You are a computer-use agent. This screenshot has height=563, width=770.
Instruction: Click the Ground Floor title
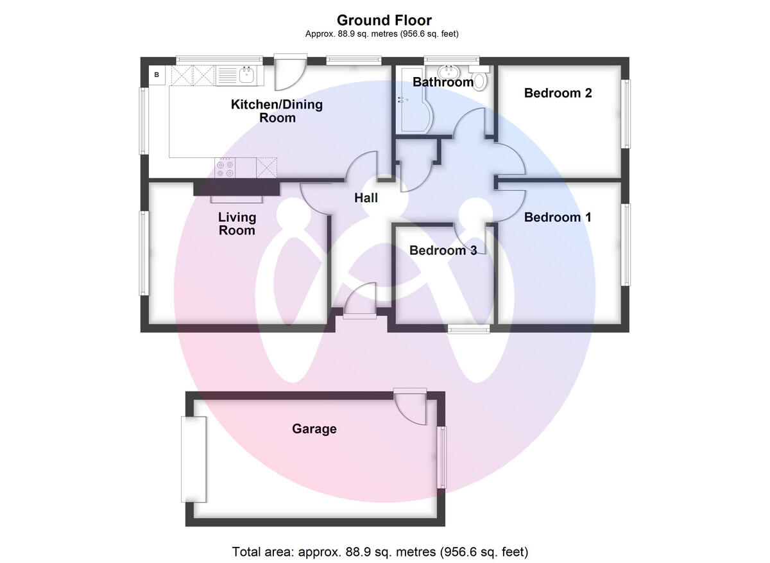pyautogui.click(x=384, y=21)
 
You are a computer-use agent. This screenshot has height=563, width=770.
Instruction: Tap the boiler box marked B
pyautogui.click(x=157, y=75)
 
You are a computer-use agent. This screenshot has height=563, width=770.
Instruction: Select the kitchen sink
pyautogui.click(x=247, y=75)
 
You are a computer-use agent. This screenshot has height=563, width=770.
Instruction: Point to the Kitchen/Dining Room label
pyautogui.click(x=277, y=111)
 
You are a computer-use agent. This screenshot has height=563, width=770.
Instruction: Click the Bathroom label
pyautogui.click(x=443, y=82)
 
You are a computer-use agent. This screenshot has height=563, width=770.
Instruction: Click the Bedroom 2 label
pyautogui.click(x=558, y=93)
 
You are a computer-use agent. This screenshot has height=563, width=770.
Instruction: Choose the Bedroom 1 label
pyautogui.click(x=557, y=218)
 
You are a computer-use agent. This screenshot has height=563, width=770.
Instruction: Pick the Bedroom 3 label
pyautogui.click(x=443, y=250)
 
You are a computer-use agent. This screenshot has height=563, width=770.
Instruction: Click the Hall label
pyautogui.click(x=366, y=198)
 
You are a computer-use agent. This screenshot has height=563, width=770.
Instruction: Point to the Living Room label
pyautogui.click(x=237, y=224)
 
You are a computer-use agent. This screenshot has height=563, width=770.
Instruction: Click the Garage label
pyautogui.click(x=314, y=429)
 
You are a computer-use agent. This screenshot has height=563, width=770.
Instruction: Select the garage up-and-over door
pyautogui.click(x=194, y=459)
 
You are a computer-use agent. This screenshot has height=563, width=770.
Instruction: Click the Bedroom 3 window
pyautogui.click(x=468, y=329)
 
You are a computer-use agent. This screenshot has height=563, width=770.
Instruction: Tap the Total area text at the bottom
pyautogui.click(x=380, y=551)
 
